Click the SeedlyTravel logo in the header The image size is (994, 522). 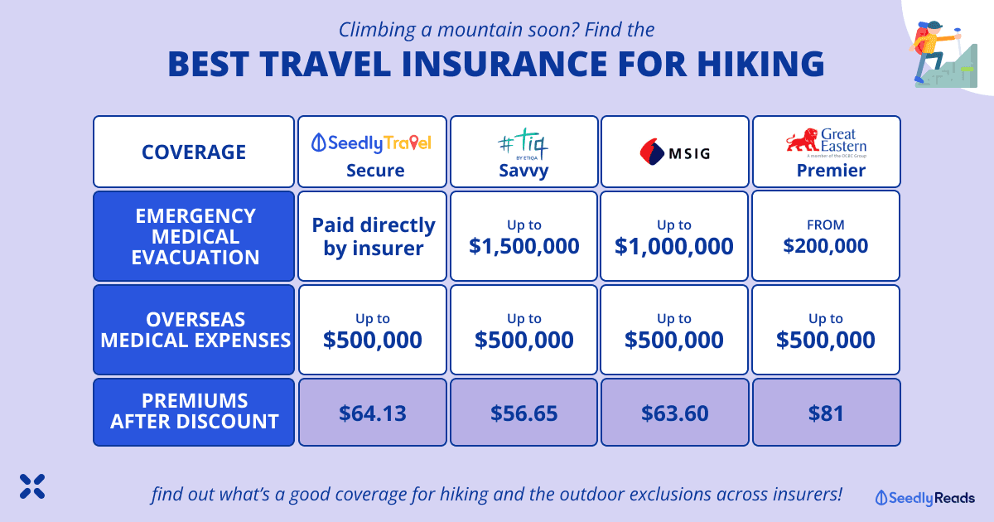(371, 143)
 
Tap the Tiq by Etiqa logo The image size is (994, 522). (524, 143)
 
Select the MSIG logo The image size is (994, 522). (674, 152)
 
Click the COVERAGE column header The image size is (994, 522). (194, 152)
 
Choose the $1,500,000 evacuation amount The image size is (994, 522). (524, 246)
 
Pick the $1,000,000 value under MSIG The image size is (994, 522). (674, 246)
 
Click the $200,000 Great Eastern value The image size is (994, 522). (825, 246)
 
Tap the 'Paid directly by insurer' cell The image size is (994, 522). (374, 237)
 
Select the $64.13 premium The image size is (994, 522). (372, 413)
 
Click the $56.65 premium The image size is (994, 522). (524, 413)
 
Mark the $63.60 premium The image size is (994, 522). (674, 413)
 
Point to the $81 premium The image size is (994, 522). (826, 413)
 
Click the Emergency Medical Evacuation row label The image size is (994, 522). (195, 237)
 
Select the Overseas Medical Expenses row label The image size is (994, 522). (195, 330)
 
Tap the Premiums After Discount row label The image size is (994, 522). (195, 411)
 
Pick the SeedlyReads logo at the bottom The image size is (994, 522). (924, 498)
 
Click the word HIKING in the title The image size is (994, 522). (760, 64)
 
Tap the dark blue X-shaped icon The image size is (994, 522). (32, 486)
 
